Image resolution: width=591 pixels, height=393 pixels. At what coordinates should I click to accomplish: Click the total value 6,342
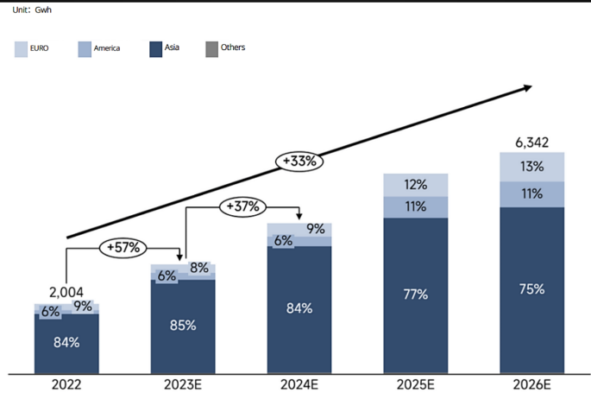click(531, 143)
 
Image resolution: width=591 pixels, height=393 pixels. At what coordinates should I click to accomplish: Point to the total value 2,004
click(67, 293)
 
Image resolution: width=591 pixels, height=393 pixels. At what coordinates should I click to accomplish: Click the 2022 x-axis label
click(66, 383)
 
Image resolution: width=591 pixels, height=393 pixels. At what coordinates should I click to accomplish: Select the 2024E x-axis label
click(299, 383)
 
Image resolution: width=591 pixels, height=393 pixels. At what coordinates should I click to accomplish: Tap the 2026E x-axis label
click(531, 383)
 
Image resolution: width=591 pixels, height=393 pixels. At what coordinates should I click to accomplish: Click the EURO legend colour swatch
click(22, 48)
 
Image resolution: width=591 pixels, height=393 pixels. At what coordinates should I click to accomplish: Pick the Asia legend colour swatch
click(156, 48)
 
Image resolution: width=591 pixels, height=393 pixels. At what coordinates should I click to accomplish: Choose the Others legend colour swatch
click(212, 48)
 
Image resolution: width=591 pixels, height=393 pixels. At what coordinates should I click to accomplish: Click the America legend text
click(106, 48)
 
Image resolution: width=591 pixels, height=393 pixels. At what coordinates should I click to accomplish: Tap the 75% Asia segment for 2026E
click(531, 289)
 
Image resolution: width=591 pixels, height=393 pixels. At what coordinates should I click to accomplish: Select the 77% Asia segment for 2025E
click(416, 295)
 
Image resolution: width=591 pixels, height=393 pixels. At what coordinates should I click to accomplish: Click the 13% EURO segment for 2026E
click(531, 167)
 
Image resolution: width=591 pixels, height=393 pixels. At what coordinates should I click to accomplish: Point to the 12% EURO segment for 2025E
click(416, 185)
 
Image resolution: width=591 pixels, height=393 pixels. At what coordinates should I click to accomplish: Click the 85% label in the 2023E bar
click(183, 326)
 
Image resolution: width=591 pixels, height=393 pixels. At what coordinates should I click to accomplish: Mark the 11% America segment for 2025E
click(416, 206)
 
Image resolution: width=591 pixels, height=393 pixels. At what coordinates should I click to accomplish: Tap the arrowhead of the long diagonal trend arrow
click(530, 87)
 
